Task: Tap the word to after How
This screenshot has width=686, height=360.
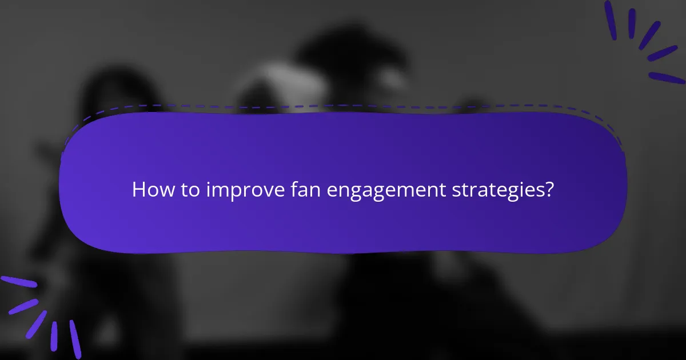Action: pos(186,190)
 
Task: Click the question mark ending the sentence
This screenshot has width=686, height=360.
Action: pos(550,190)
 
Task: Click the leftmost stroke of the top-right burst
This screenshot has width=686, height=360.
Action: pos(611,20)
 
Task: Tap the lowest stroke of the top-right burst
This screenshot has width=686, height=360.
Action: pos(667,78)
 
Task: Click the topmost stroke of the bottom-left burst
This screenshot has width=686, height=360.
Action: pos(18,282)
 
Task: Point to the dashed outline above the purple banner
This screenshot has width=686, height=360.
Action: pos(343,106)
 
